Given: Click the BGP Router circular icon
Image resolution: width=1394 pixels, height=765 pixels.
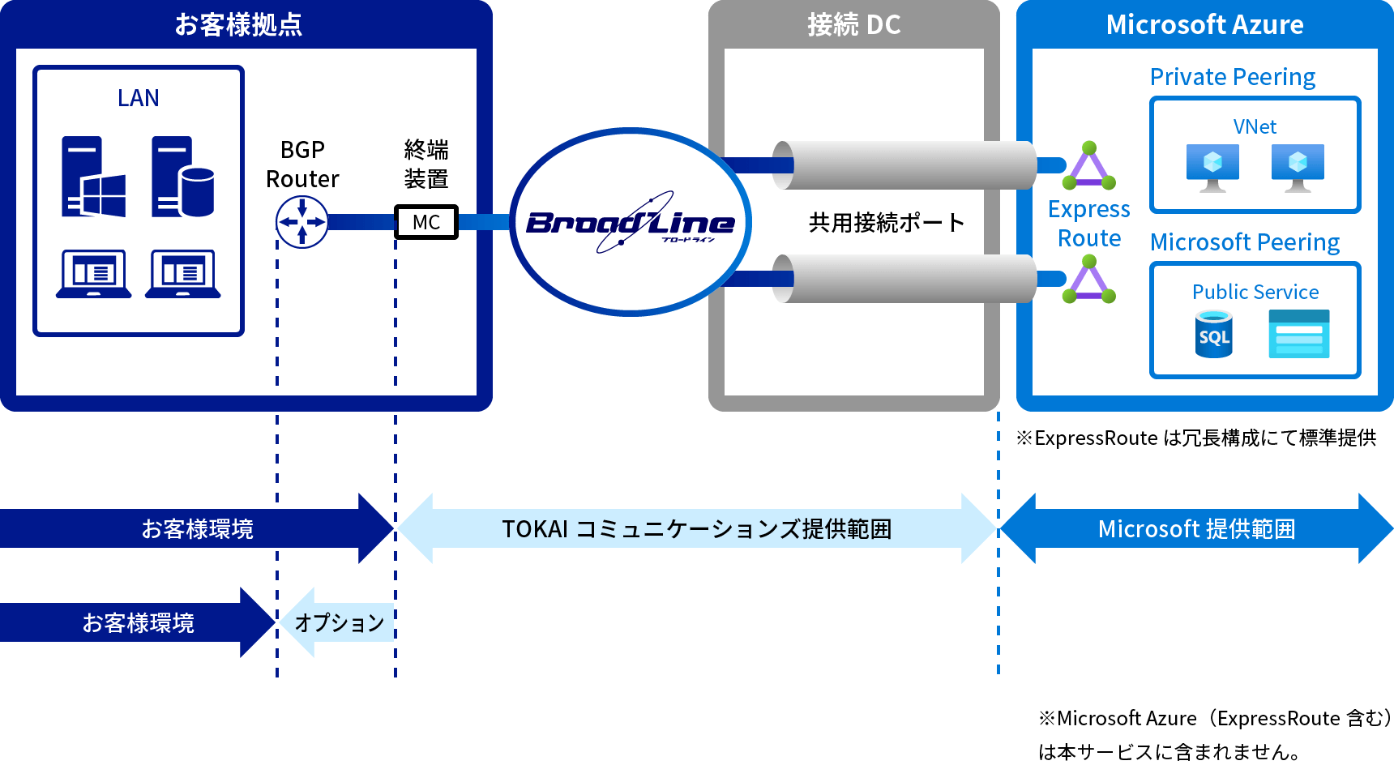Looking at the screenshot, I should click(x=301, y=222).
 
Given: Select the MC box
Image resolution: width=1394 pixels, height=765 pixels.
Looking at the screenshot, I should click(x=426, y=222).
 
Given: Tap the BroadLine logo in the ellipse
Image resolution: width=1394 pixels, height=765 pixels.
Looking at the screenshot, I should click(x=631, y=222).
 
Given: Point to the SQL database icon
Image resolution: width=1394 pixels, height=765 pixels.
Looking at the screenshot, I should click(x=1213, y=334).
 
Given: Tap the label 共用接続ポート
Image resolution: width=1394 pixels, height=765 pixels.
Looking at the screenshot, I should click(x=887, y=222).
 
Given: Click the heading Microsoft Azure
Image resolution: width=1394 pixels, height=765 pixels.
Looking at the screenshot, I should click(x=1204, y=24).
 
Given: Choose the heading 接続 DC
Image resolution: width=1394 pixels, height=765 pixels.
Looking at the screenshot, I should click(x=853, y=24).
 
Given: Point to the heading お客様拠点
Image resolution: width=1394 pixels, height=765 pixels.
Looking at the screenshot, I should click(x=238, y=24).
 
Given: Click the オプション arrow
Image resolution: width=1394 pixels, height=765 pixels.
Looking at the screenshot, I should click(x=338, y=622).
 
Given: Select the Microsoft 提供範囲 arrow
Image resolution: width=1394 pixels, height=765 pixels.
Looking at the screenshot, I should click(x=1196, y=528).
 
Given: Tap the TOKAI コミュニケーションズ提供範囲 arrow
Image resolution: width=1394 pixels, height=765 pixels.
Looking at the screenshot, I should click(x=696, y=528).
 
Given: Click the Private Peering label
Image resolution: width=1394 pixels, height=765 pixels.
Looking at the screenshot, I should click(x=1232, y=77).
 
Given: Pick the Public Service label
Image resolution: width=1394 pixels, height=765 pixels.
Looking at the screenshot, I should click(x=1255, y=292).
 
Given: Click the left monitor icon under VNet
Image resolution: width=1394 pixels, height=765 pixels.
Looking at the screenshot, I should click(x=1212, y=167).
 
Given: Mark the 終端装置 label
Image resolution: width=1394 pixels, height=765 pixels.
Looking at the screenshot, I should click(x=426, y=164).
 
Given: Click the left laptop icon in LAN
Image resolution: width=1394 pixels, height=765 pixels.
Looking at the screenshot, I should click(x=93, y=274).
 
